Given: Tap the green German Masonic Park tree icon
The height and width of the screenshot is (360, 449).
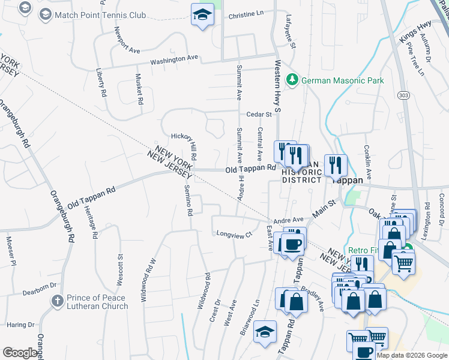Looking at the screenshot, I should click(292, 80).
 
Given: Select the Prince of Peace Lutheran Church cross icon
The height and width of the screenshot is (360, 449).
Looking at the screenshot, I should click(57, 301).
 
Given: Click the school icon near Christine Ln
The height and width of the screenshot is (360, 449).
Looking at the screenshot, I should click(203, 15).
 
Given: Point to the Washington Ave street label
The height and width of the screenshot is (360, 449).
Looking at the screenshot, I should click(173, 59).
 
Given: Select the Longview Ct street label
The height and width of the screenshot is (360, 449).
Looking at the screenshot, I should click(233, 234).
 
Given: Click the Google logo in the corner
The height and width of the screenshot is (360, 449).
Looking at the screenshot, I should click(20, 353).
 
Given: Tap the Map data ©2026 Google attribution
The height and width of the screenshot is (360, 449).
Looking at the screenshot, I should click(412, 355).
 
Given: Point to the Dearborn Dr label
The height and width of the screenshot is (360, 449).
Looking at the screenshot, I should click(39, 293).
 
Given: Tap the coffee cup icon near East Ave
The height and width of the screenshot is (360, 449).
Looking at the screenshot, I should click(293, 244).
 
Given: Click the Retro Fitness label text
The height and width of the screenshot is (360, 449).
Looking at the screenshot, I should click(363, 250).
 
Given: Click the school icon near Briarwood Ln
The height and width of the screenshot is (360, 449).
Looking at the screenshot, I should click(265, 332).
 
